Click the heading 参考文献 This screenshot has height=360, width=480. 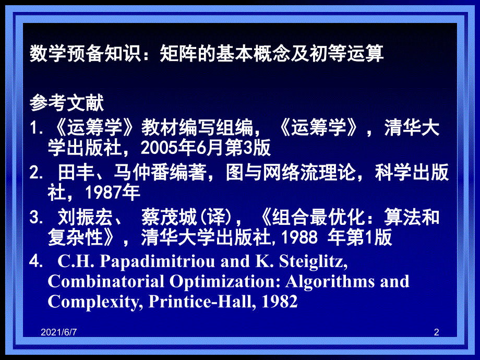tap(67, 103)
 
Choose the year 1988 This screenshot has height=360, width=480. tap(299, 237)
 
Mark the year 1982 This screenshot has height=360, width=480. tap(280, 302)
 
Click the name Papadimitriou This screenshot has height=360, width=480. tap(158, 262)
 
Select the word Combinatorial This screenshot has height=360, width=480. tap(106, 281)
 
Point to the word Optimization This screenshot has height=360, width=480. tap(225, 282)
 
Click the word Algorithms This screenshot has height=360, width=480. tap(330, 282)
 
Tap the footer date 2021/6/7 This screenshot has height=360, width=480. tap(58, 332)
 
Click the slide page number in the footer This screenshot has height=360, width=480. tap(437, 332)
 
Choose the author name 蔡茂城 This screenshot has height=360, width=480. tap(169, 218)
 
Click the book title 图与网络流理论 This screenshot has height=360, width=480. tap(290, 172)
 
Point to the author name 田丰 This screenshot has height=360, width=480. tap(76, 172)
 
